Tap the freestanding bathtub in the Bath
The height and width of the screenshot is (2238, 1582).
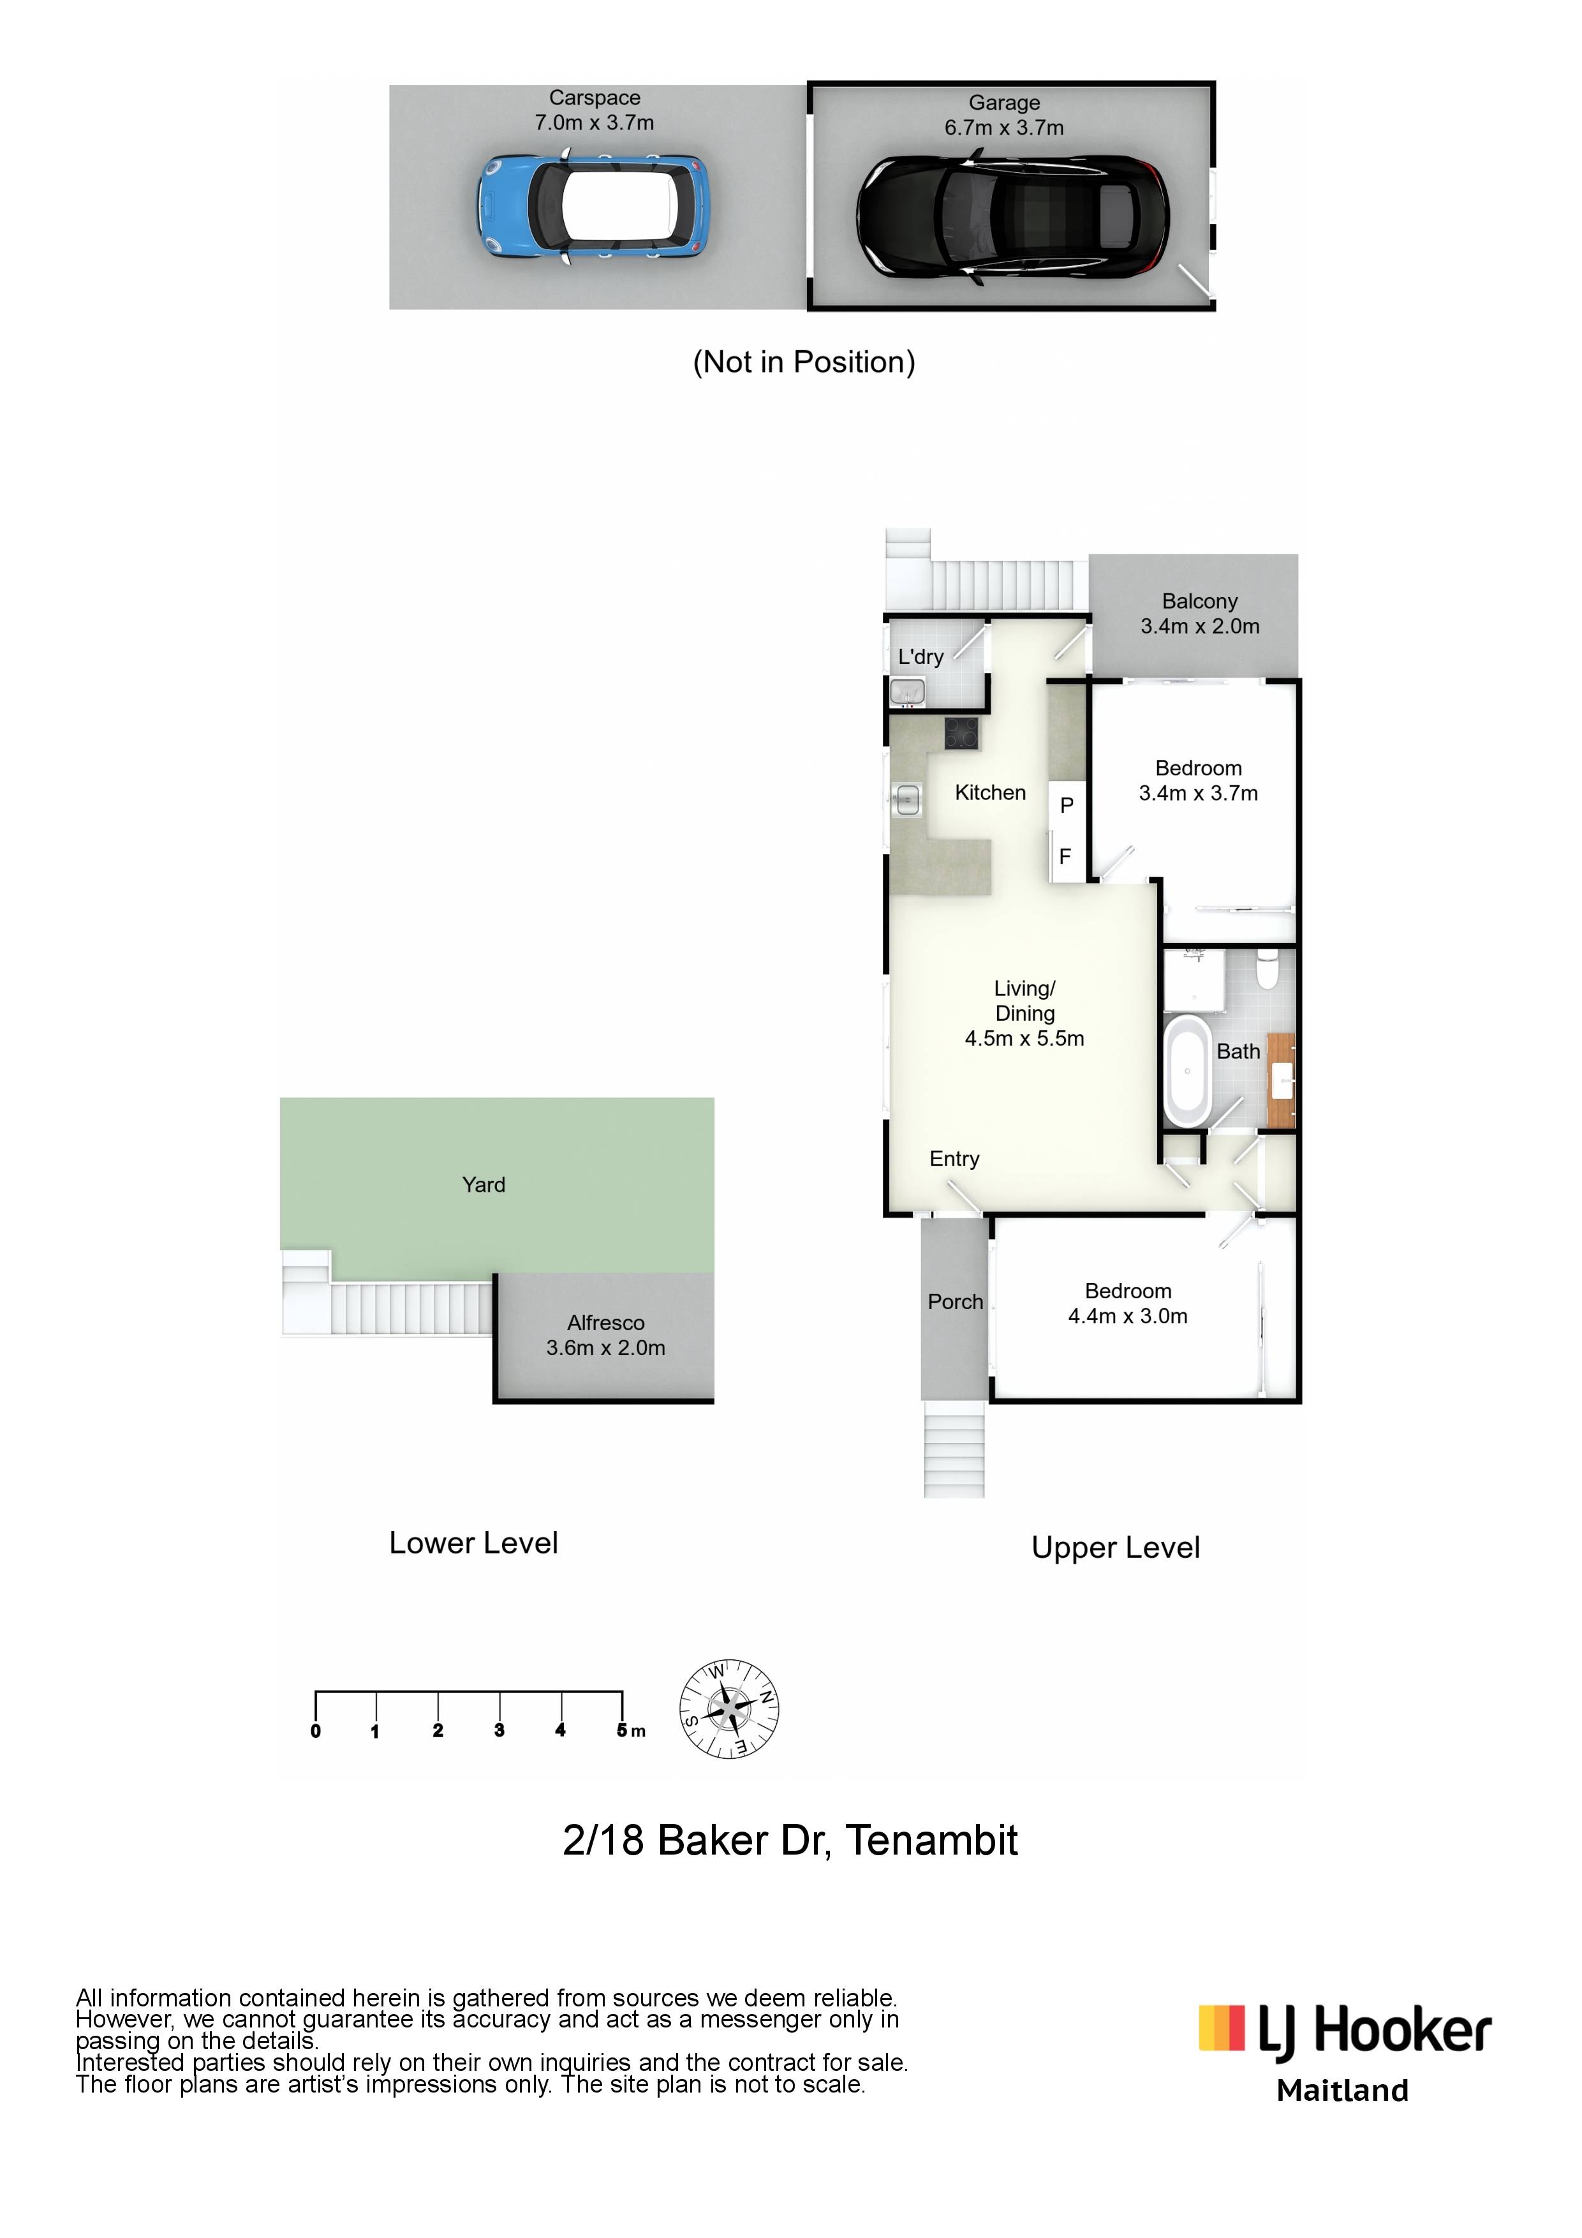click(1187, 1069)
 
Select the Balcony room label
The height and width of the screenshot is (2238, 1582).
click(1200, 602)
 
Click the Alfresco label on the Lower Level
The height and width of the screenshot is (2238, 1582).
click(605, 1323)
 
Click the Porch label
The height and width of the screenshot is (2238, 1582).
click(955, 1301)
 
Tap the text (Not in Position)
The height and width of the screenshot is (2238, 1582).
click(804, 362)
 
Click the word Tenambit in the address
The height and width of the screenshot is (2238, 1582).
click(932, 1841)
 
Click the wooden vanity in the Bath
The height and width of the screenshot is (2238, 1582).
click(1282, 1080)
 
